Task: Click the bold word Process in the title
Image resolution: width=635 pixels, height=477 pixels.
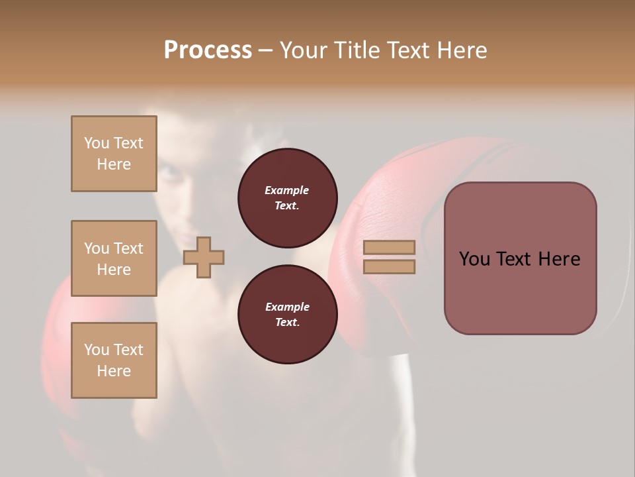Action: (x=208, y=50)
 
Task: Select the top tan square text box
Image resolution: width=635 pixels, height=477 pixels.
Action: (x=114, y=154)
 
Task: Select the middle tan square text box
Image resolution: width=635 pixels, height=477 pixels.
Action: (x=114, y=258)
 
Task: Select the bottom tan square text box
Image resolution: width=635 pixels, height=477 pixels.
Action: (x=114, y=360)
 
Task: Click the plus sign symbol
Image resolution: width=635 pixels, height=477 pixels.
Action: (x=204, y=256)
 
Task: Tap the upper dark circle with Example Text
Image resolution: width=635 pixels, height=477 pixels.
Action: (x=287, y=197)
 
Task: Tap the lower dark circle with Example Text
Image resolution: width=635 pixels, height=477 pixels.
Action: (x=287, y=314)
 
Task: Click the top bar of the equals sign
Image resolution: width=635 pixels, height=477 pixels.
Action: (x=390, y=247)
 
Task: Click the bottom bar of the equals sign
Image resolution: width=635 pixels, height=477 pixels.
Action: (x=390, y=266)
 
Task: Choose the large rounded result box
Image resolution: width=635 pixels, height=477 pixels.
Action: (x=520, y=258)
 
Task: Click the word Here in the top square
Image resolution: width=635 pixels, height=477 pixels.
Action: (x=114, y=164)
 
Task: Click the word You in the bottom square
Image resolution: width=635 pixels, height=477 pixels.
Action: (x=97, y=350)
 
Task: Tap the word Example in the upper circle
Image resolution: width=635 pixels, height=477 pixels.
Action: (x=287, y=190)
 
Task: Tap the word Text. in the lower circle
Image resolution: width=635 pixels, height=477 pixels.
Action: (x=287, y=322)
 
